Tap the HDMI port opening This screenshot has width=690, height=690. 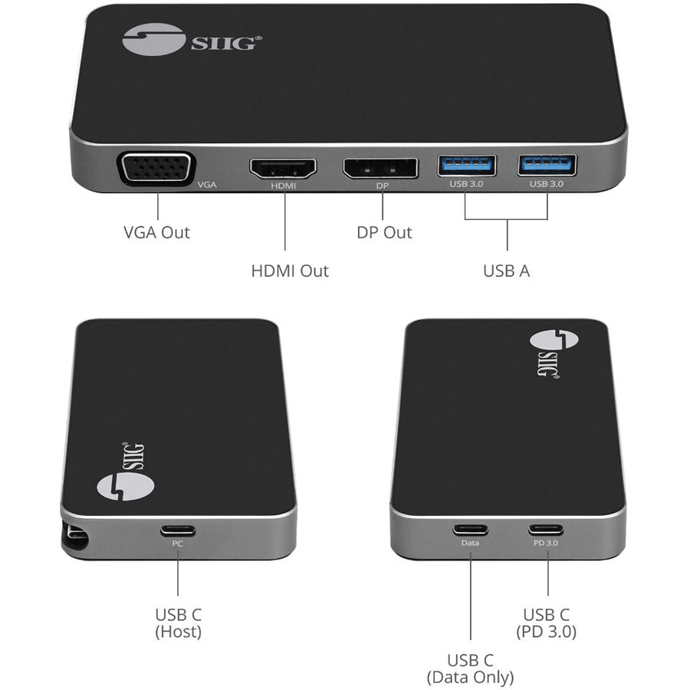(x=284, y=169)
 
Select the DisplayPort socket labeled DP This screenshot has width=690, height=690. (x=380, y=168)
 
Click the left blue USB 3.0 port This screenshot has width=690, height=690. (x=466, y=166)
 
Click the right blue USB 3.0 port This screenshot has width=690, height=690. (x=547, y=165)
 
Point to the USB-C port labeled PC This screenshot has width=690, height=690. (x=177, y=531)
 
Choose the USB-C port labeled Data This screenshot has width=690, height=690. (x=470, y=529)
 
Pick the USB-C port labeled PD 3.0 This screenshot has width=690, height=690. (x=546, y=529)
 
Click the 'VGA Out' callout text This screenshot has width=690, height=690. (x=156, y=232)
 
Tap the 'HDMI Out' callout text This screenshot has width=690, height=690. (x=290, y=271)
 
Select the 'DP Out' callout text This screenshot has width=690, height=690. (x=384, y=232)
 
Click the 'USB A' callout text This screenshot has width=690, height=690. (x=506, y=271)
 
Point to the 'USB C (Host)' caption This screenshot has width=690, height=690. (x=178, y=623)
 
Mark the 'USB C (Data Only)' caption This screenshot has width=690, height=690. (x=470, y=669)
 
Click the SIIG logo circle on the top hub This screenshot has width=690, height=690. (x=153, y=39)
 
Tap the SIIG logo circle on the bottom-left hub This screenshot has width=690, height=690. (x=125, y=485)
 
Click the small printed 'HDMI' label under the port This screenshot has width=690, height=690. (x=284, y=186)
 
